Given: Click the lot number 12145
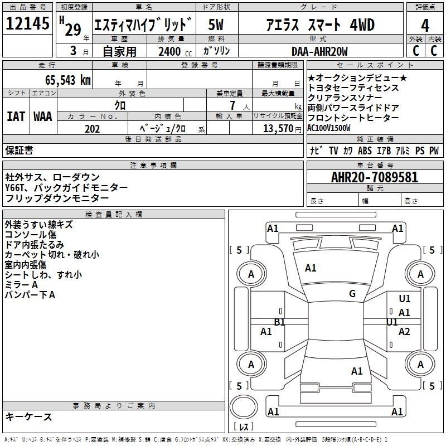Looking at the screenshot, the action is click(27, 23).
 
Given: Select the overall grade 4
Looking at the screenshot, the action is click(425, 25).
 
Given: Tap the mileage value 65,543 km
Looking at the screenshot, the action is click(68, 80).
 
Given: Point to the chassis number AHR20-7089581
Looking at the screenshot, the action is click(375, 177).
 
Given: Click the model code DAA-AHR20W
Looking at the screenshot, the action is click(319, 51).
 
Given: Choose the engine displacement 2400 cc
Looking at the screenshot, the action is click(175, 51).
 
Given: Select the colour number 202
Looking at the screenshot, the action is click(92, 129).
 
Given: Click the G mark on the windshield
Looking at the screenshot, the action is click(352, 293).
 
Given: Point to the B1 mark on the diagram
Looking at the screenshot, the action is click(280, 322).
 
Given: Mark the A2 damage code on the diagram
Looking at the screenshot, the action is click(404, 331).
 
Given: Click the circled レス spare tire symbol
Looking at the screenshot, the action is click(244, 407).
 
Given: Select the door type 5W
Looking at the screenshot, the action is click(216, 25).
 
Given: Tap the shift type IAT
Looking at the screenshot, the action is click(16, 117).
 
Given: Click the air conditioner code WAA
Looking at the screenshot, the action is click(43, 117).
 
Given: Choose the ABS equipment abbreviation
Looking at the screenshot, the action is click(365, 151).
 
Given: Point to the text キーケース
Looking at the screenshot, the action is click(29, 416).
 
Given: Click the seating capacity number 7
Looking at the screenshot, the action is click(232, 105).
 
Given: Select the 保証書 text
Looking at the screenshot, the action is click(19, 150).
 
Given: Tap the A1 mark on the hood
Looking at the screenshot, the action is click(311, 268).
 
